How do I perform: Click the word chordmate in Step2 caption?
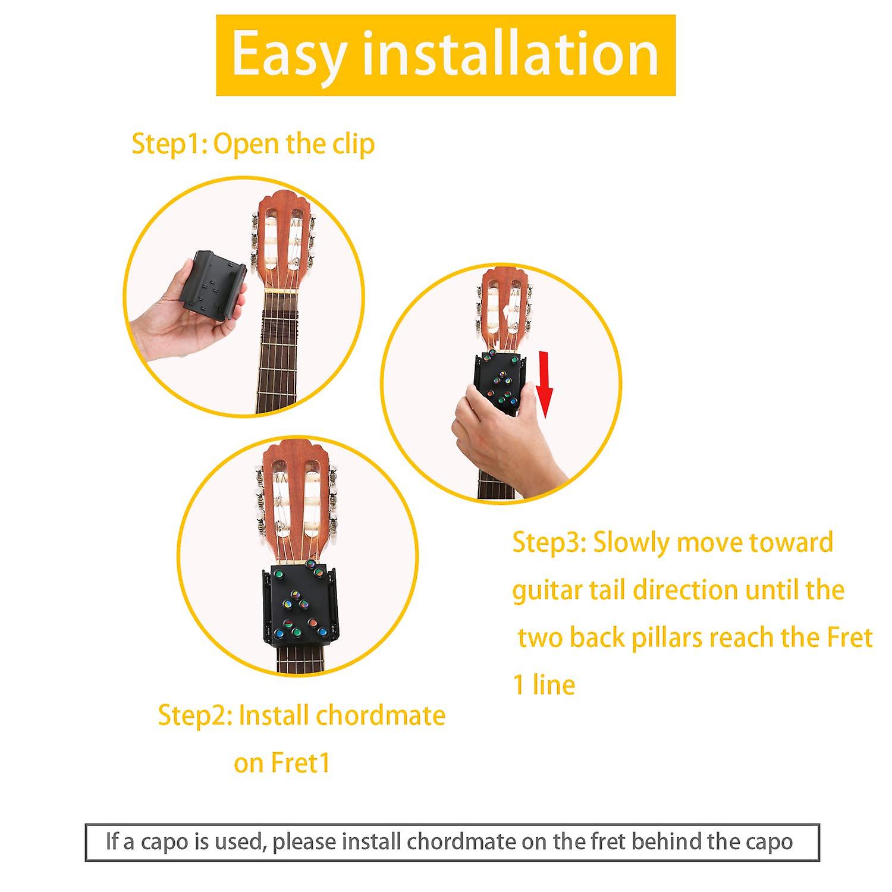pyautogui.click(x=381, y=715)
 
